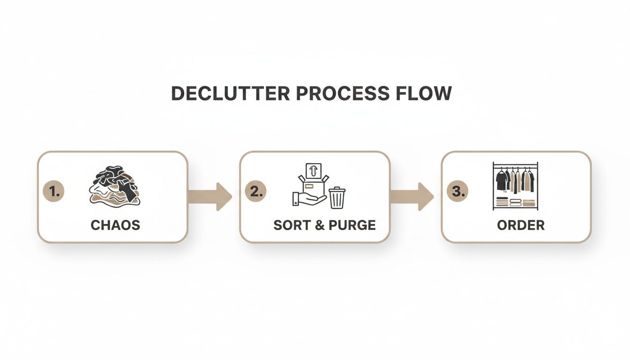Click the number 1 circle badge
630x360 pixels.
pyautogui.click(x=53, y=191)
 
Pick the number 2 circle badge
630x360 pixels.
pyautogui.click(x=256, y=191)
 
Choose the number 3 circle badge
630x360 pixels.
pyautogui.click(x=457, y=191)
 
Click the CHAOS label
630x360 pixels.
pyautogui.click(x=115, y=225)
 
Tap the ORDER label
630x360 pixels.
pyautogui.click(x=521, y=225)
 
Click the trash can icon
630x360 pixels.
pyautogui.click(x=337, y=197)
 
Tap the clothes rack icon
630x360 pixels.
pyautogui.click(x=515, y=186)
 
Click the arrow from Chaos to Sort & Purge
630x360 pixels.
pyautogui.click(x=210, y=196)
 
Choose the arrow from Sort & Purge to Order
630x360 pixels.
pyautogui.click(x=412, y=196)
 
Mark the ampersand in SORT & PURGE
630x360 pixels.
pyautogui.click(x=320, y=225)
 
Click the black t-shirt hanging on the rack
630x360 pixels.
pyautogui.click(x=502, y=180)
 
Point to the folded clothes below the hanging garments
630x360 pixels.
pyautogui.click(x=516, y=202)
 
